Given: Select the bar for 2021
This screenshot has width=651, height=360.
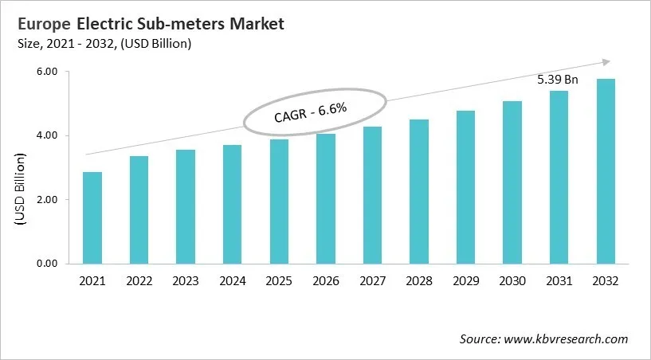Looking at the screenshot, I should pos(92,217).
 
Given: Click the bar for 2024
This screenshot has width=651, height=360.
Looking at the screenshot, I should pos(232,204).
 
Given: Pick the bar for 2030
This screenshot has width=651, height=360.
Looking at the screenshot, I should pos(512,182).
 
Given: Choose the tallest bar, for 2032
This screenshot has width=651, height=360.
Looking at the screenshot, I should pos(606,171).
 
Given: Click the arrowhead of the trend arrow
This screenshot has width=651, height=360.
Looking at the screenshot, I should pos(606,61).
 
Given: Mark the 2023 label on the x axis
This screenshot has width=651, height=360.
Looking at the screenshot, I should pos(186,281).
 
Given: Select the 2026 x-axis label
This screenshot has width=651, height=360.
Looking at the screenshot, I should pos(325,281).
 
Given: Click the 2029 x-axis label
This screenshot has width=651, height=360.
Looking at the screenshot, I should pos(465,281).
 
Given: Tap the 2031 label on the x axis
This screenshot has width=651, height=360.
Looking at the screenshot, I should pos(559,281).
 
